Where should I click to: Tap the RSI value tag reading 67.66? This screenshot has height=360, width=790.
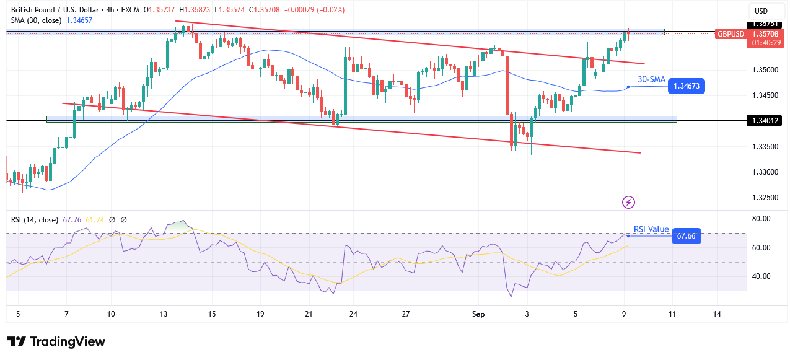pyautogui.click(x=686, y=236)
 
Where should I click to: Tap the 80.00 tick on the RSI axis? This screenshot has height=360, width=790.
pyautogui.click(x=761, y=219)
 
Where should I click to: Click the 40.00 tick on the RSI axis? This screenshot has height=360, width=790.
pyautogui.click(x=761, y=276)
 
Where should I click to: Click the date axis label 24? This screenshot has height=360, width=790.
pyautogui.click(x=353, y=314)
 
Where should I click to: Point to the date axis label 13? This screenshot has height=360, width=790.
pyautogui.click(x=164, y=314)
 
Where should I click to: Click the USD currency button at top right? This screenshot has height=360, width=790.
pyautogui.click(x=760, y=11)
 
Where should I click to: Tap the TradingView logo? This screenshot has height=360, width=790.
pyautogui.click(x=56, y=341)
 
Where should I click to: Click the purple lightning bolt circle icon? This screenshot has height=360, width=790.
pyautogui.click(x=629, y=202)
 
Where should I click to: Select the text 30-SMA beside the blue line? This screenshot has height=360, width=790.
pyautogui.click(x=651, y=79)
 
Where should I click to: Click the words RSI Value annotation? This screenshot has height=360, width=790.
pyautogui.click(x=651, y=229)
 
